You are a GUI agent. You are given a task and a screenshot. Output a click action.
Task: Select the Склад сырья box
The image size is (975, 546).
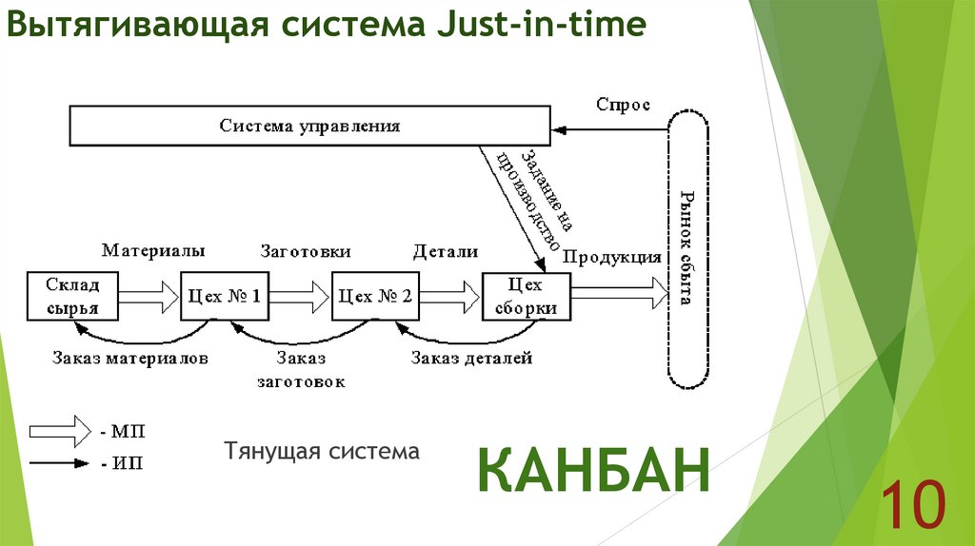point(71,297)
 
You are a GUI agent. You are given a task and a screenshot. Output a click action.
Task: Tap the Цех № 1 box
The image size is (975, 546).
point(225,297)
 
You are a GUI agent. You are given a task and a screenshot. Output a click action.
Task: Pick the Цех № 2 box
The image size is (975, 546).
point(375,297)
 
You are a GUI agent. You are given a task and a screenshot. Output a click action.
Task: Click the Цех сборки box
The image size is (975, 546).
point(526,297)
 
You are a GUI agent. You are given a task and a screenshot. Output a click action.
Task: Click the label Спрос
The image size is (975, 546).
point(623,105)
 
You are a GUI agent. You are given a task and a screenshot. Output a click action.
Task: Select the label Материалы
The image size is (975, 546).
point(153,251)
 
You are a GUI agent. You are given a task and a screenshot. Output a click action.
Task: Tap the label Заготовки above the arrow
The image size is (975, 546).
point(306,251)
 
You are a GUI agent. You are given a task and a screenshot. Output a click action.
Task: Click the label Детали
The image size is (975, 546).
point(445,251)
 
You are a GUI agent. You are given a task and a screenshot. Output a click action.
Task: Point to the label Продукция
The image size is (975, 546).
point(612,256)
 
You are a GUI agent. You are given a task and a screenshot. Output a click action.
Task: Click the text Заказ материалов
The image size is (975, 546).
point(130,359)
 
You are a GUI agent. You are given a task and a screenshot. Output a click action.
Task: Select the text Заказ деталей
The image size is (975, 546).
point(471,359)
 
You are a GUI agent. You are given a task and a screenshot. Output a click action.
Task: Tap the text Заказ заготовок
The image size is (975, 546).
point(301,370)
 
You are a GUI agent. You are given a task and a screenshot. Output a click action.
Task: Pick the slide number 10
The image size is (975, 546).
point(911,504)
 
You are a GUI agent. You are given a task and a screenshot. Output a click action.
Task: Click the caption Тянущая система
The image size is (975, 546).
point(322,450)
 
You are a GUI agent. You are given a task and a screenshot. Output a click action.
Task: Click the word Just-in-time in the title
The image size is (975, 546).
point(542,26)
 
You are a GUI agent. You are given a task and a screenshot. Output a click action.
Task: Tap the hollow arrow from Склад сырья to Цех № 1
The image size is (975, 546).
point(147,297)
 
